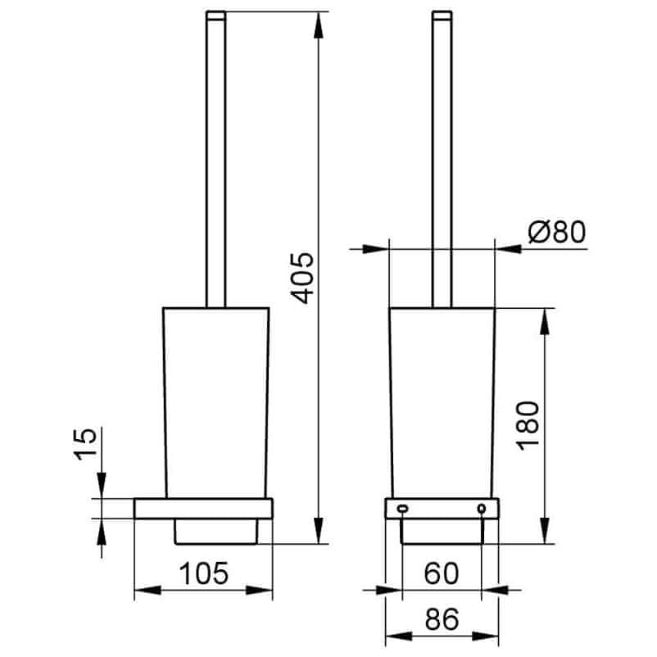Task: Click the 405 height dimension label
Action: (x=302, y=278)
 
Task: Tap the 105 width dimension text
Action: (x=204, y=573)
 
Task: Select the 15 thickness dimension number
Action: (x=85, y=444)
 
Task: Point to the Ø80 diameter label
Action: (x=557, y=231)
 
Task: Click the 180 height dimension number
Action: (x=528, y=425)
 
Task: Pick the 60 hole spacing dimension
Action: (x=442, y=573)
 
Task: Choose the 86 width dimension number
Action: (x=442, y=618)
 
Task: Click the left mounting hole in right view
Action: (x=402, y=509)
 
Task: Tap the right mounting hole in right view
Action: (x=482, y=509)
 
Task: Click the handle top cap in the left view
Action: (x=215, y=16)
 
